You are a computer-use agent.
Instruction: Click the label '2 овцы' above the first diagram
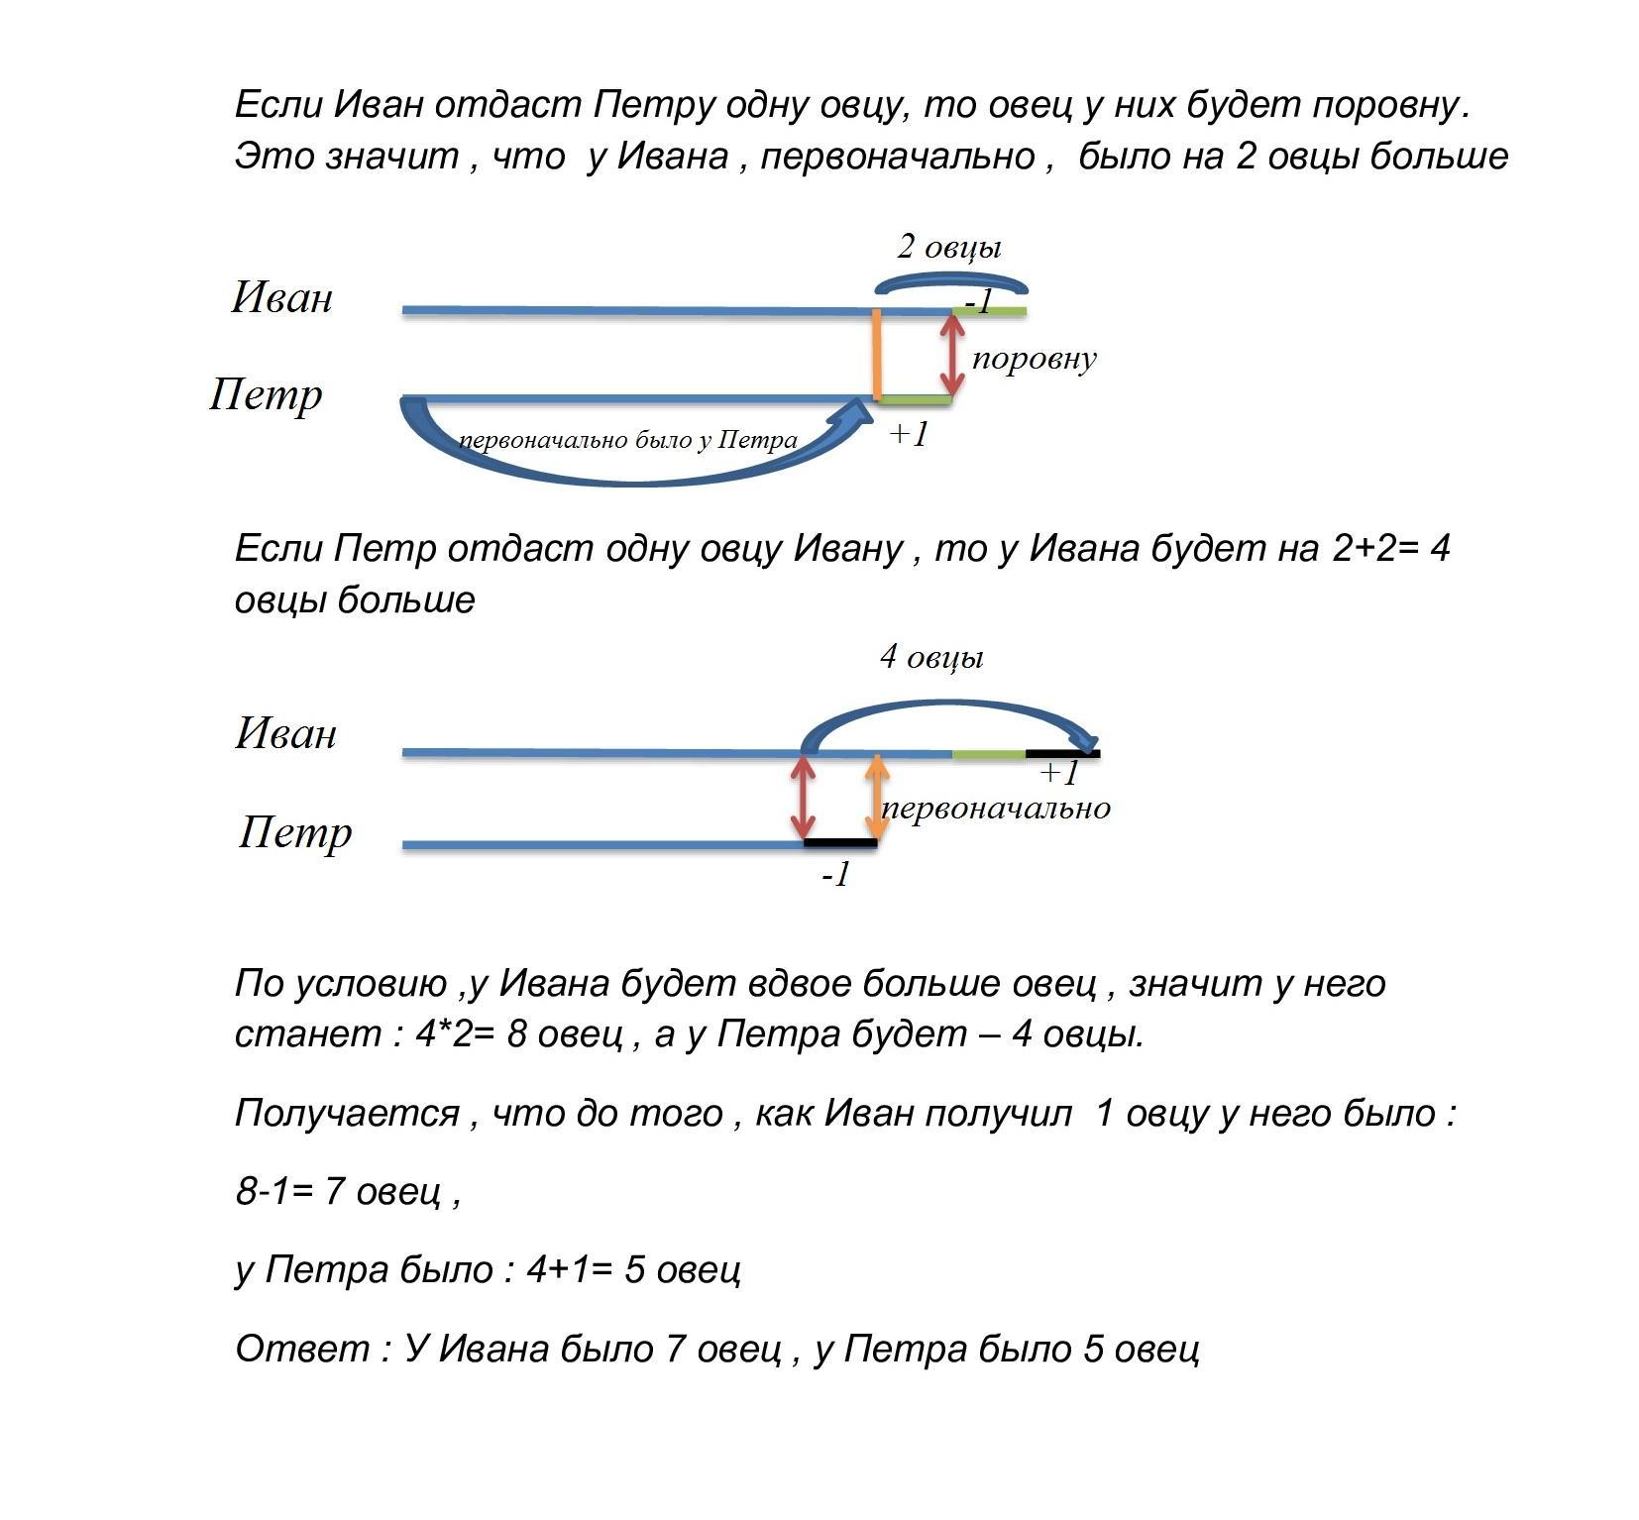(x=948, y=248)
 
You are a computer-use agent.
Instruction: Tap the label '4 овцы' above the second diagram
(x=931, y=658)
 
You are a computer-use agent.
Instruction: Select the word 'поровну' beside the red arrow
(x=1034, y=359)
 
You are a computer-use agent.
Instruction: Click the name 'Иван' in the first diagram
(x=282, y=297)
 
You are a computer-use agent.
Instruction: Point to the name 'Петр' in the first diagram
(x=266, y=394)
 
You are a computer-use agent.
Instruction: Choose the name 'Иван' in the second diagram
(x=286, y=733)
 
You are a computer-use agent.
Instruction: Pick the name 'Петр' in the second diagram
(x=295, y=832)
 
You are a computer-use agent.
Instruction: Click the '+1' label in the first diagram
(x=908, y=434)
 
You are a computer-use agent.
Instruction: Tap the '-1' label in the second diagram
(x=835, y=874)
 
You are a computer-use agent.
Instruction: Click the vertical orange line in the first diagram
(x=877, y=355)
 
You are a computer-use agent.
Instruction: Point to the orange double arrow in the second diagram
(x=876, y=798)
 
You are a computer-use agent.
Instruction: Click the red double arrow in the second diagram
(x=804, y=798)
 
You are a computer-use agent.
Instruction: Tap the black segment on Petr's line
(x=840, y=843)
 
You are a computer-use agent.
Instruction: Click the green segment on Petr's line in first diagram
(x=915, y=399)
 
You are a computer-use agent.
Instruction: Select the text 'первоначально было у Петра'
(x=628, y=440)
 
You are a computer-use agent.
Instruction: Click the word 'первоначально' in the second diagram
(x=996, y=809)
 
